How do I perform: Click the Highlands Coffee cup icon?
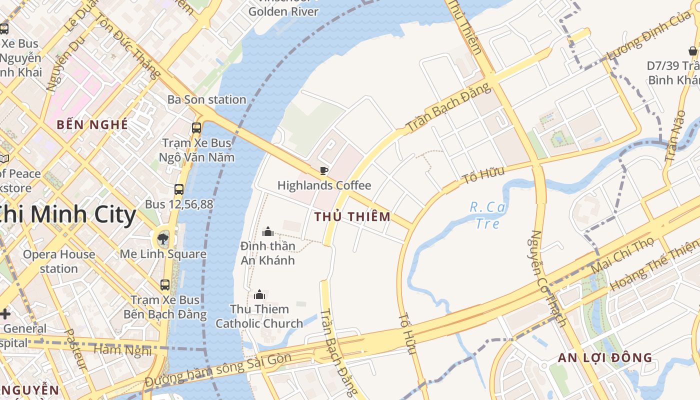pos(324,170)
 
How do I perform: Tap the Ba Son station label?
pos(206,99)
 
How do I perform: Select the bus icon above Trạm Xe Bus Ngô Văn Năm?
pos(196,127)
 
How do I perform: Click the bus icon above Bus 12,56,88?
pos(179,189)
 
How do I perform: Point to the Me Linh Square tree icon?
pos(163,238)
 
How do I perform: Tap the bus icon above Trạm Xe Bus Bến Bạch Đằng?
pos(165,285)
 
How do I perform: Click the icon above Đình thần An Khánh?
pos(268,231)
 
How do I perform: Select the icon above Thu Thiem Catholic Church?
pos(259,294)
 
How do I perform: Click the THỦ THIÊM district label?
pos(352,216)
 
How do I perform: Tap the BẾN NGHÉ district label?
pos(92,124)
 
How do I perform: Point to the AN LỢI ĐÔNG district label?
pos(605,357)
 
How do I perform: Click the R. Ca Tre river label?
pos(487,214)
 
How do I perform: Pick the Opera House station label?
pos(59,261)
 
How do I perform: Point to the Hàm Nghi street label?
pos(122,350)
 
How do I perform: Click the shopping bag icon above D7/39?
pos(693,51)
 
